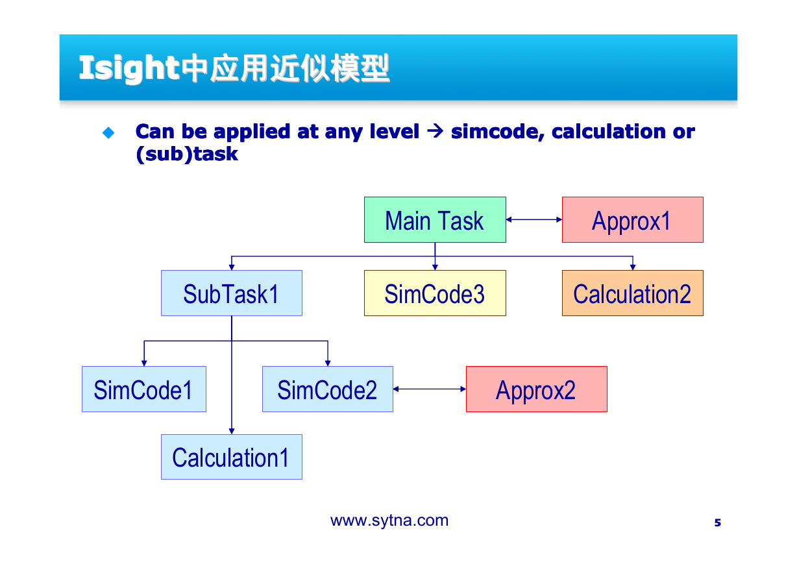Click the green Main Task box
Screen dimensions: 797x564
click(x=435, y=219)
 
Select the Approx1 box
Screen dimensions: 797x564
click(x=633, y=219)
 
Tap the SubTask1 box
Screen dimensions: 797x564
click(x=232, y=293)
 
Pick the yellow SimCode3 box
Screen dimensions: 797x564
click(x=435, y=293)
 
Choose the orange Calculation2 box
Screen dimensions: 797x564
click(x=633, y=293)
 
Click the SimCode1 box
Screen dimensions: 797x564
click(x=144, y=389)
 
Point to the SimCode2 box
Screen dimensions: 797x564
click(x=328, y=389)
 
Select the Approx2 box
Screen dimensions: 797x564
click(x=537, y=389)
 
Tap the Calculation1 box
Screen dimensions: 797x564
click(x=232, y=457)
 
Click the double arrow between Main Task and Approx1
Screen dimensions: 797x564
click(x=534, y=219)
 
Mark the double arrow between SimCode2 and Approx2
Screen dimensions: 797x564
click(x=430, y=389)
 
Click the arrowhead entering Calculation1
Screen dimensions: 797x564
click(x=232, y=431)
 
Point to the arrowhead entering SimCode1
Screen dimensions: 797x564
click(x=144, y=363)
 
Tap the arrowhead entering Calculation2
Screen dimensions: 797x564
click(x=633, y=267)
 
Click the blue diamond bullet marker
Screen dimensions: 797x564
click(x=108, y=133)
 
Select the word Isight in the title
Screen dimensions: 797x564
click(x=129, y=68)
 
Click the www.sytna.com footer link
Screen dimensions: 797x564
click(x=389, y=521)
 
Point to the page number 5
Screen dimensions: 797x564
click(x=718, y=522)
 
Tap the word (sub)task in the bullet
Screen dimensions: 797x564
click(x=187, y=154)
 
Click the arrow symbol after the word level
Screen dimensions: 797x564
click(x=435, y=131)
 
